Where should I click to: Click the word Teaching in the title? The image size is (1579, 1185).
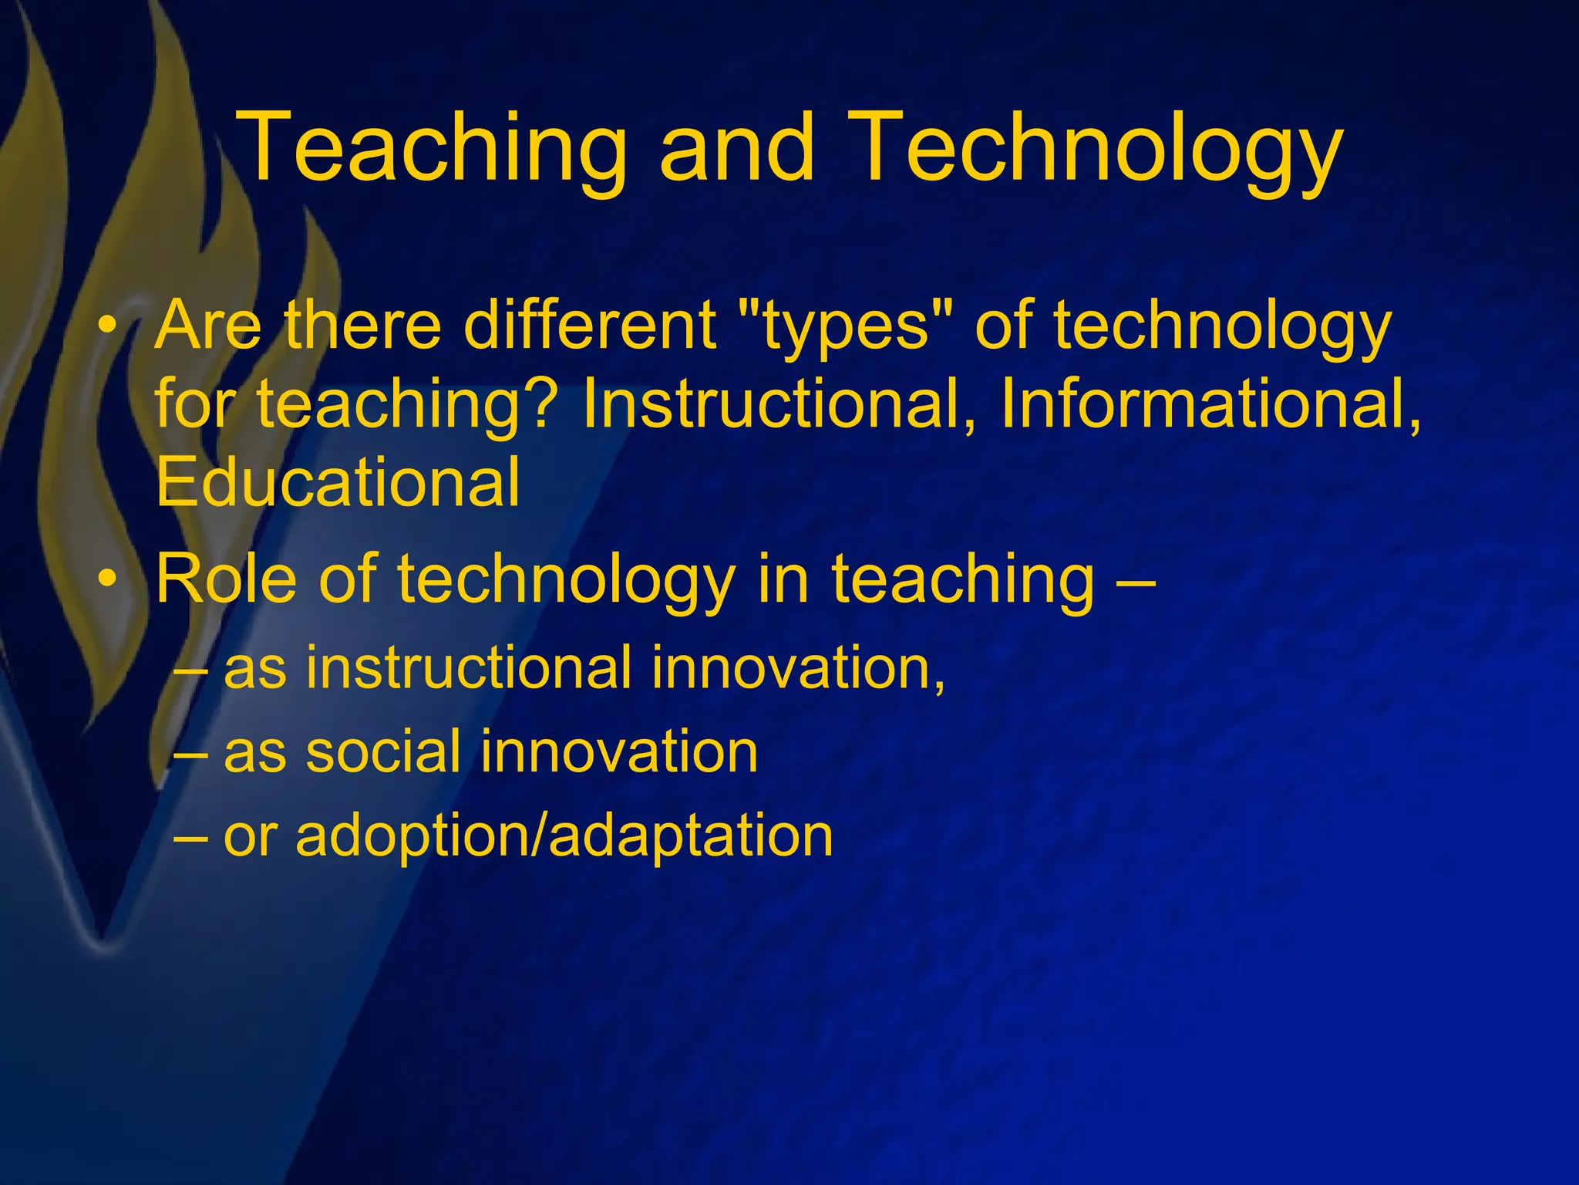[x=431, y=149]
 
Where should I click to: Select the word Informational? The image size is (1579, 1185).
[x=1210, y=403]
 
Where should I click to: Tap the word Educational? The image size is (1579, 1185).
[x=338, y=482]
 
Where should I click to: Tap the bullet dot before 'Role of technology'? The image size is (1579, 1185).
[x=111, y=579]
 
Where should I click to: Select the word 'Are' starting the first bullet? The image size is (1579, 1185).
[x=207, y=325]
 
